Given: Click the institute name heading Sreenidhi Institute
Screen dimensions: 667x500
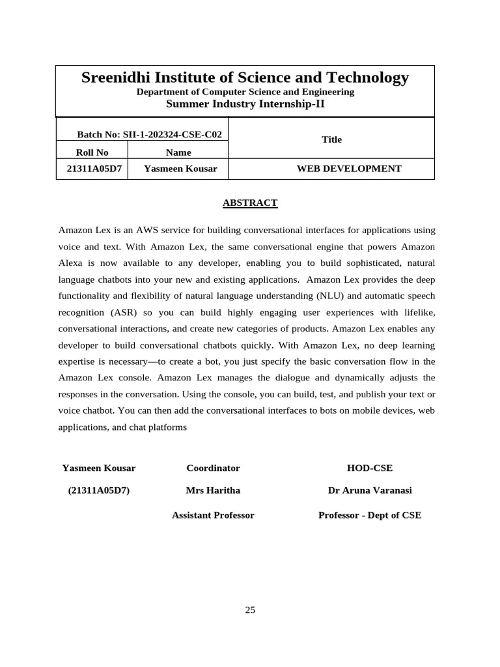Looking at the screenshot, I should (245, 78).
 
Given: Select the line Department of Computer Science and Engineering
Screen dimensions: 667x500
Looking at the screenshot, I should (245, 92).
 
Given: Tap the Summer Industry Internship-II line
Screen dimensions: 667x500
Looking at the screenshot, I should (245, 104).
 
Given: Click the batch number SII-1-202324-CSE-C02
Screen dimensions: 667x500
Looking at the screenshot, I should (150, 135).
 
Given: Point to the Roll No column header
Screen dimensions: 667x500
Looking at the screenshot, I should (92, 152).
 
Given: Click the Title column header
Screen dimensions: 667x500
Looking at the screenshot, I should (331, 139).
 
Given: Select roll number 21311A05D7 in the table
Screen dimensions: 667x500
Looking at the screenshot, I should (94, 169).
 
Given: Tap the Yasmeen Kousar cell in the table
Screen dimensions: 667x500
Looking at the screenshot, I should (176, 169).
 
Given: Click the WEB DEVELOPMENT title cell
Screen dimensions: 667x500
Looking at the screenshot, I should (349, 169).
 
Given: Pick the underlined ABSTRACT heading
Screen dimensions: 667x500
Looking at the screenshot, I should (250, 203).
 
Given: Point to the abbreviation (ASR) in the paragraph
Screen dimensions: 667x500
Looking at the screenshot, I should (117, 312).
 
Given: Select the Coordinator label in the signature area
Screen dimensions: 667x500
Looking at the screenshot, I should (213, 468).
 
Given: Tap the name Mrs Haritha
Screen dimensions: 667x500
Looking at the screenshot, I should (213, 490).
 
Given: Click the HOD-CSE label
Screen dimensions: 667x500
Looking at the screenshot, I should (370, 468).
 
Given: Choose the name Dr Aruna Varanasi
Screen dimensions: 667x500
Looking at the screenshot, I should (370, 490).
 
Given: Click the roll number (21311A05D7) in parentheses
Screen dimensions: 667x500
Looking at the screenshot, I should (99, 490).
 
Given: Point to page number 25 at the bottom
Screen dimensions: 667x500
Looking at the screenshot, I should (250, 610).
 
